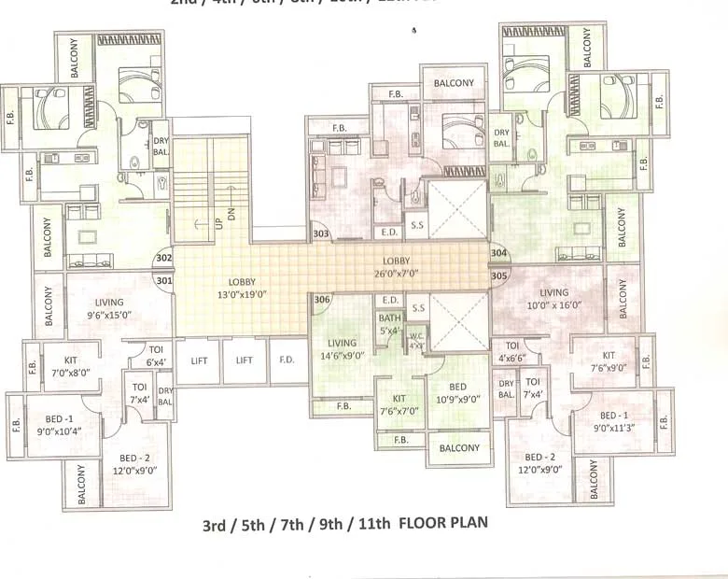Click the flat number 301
[164, 279]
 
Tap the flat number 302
[164, 259]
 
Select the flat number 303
[321, 233]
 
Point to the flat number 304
[498, 253]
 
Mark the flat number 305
[498, 275]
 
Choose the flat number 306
[323, 299]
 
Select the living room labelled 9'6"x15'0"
[109, 308]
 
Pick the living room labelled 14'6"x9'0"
[340, 349]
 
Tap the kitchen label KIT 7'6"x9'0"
[609, 361]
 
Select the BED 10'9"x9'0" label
[457, 392]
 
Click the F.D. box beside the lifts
[286, 360]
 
